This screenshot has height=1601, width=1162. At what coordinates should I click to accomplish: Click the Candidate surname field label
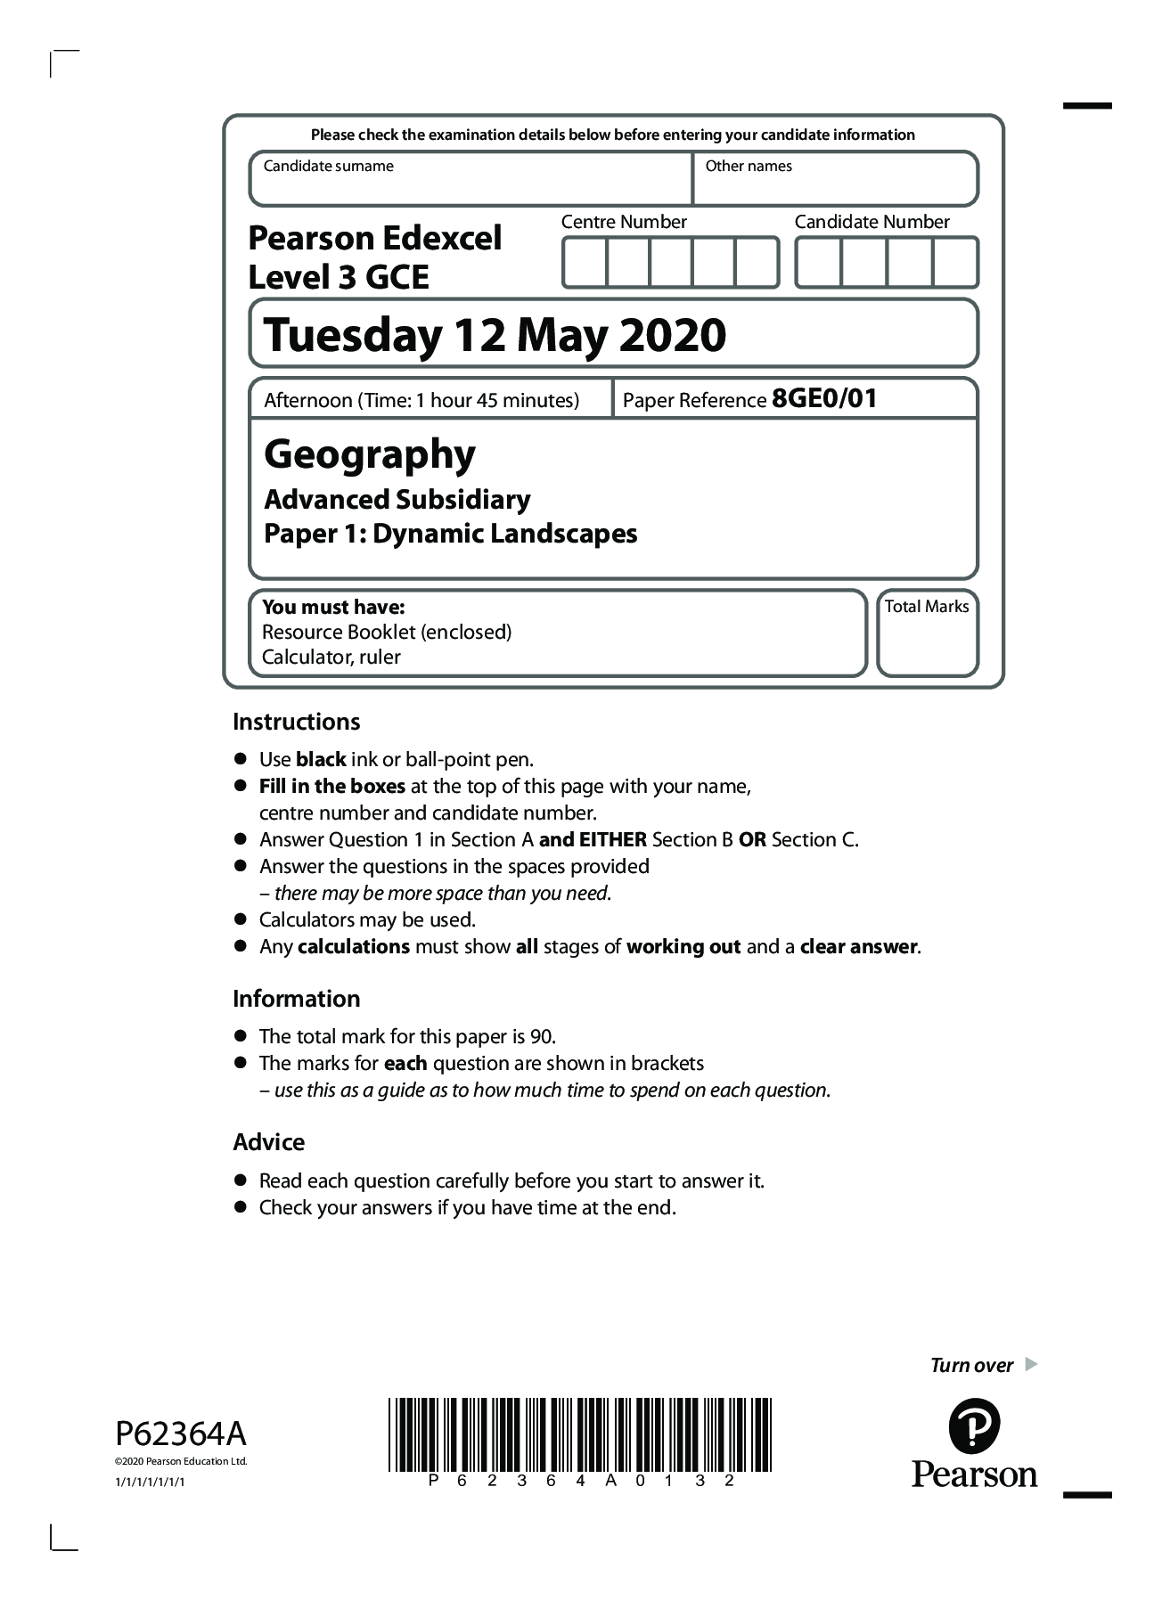[x=328, y=167]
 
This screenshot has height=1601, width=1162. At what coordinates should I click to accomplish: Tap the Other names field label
[x=748, y=167]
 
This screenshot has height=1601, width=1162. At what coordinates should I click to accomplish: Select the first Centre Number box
[x=585, y=263]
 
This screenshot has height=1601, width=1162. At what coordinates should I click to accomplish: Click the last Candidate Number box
[x=954, y=263]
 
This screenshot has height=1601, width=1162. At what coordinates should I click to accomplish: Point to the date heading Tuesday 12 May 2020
[x=495, y=336]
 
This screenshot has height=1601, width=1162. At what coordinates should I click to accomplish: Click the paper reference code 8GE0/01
[x=824, y=399]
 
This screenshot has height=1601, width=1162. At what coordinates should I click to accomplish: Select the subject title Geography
[x=370, y=454]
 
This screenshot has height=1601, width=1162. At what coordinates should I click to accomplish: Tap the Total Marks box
[x=927, y=633]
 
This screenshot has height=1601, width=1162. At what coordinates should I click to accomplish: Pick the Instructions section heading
[x=296, y=722]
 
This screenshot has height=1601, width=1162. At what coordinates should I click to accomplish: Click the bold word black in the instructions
[x=321, y=760]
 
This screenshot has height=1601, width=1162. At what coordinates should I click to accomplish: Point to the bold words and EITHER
[x=593, y=840]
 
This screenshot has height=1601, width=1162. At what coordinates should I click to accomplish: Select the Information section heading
[x=296, y=999]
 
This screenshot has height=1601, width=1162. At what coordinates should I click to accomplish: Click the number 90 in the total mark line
[x=541, y=1037]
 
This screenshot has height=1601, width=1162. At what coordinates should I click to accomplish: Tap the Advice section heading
[x=268, y=1142]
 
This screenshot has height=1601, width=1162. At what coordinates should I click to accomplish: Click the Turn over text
[x=971, y=1366]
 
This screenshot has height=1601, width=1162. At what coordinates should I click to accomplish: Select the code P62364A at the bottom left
[x=181, y=1434]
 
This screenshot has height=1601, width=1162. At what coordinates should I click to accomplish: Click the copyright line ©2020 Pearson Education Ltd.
[x=181, y=1461]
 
